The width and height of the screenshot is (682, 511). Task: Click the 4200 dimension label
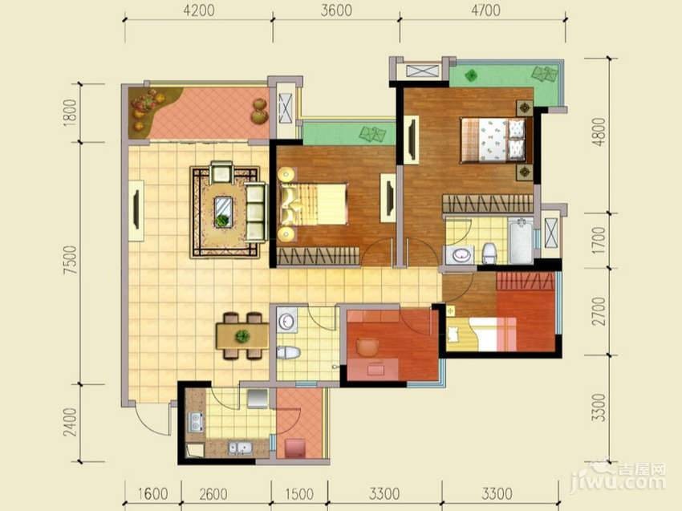199,10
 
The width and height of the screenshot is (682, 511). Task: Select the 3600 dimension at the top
336,10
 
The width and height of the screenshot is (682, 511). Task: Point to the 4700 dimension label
486,10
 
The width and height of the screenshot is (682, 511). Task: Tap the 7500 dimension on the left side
70,260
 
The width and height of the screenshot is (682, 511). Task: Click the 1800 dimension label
70,113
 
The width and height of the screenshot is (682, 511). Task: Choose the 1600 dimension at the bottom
153,494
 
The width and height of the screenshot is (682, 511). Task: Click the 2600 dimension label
213,494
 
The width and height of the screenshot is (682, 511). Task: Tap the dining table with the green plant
242,336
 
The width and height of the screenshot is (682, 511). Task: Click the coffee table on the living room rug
224,212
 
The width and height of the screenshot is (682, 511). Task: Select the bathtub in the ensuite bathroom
521,241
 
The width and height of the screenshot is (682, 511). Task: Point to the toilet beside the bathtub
489,253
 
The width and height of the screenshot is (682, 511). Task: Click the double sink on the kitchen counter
240,448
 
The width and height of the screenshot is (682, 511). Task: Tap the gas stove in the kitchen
195,422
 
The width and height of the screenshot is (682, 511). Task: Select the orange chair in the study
367,347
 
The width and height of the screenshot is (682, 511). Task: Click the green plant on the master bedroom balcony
471,75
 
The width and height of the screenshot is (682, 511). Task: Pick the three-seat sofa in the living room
255,212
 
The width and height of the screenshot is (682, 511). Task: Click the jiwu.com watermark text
618,482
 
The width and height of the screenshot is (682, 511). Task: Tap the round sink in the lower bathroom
286,322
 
